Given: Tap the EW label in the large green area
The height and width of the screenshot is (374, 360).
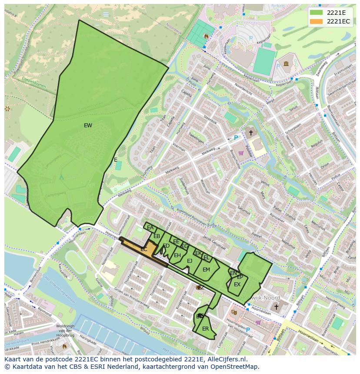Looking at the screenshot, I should click(x=88, y=126).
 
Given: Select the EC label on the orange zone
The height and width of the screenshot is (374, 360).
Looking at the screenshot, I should click(x=144, y=249).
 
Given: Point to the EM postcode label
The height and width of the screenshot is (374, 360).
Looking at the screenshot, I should click(x=206, y=270).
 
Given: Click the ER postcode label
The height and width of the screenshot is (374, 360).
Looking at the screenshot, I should click(x=205, y=329).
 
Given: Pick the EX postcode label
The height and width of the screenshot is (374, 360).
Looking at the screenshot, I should click(x=237, y=285).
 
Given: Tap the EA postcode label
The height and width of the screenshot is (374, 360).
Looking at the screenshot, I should click(x=150, y=228).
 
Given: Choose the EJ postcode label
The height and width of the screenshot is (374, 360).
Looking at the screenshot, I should click(x=190, y=261).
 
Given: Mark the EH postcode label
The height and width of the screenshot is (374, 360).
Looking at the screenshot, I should click(x=177, y=255).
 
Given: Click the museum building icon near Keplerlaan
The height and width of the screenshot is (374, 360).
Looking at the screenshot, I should click(x=286, y=64).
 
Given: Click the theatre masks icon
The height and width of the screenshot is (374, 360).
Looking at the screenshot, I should click(x=234, y=312).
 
